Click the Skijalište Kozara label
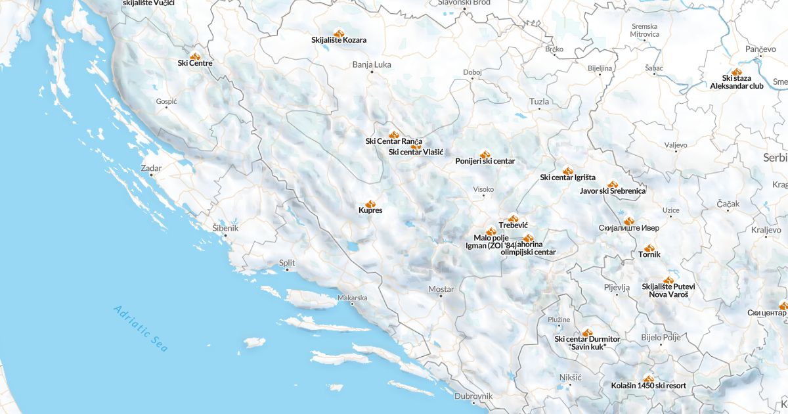coord(339,40)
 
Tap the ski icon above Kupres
coord(370,204)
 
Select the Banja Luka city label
coord(372,64)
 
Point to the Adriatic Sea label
coord(141,329)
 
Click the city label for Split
coord(287,263)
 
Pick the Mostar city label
coord(441,289)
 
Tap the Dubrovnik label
coord(473,396)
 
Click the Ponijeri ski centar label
coord(485,161)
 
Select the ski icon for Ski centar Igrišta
coord(568,170)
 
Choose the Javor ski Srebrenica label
coord(612,191)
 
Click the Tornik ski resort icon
coord(649,248)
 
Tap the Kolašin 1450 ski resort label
coord(648,386)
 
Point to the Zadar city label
coord(151,168)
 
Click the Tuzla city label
coord(539,102)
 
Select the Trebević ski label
coord(514,225)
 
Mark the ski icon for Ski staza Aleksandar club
coord(736,72)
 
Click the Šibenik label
coord(225,228)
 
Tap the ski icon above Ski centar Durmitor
coord(587,333)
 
